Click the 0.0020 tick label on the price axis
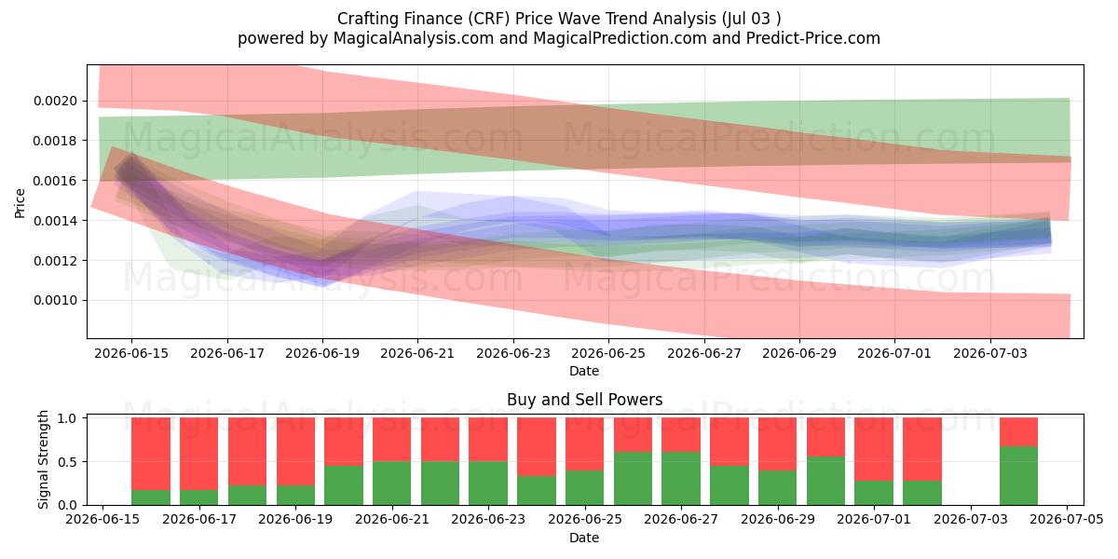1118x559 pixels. (55, 101)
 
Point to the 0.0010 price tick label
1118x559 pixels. (55, 300)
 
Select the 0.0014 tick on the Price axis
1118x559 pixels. (55, 221)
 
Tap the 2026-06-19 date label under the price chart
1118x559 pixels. (322, 353)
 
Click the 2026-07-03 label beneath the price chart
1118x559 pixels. (990, 353)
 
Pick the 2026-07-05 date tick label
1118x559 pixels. (1067, 519)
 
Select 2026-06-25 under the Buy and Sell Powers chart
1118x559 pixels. (585, 519)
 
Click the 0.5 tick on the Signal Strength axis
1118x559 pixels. (67, 462)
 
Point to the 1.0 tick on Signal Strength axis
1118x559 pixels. (67, 418)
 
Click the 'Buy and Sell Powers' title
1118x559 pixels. (584, 400)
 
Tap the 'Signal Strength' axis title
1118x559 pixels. (44, 459)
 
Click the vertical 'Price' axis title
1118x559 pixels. (20, 203)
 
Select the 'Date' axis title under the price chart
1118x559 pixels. (584, 371)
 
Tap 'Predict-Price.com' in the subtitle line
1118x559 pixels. (813, 38)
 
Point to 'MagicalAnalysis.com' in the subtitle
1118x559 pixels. (414, 38)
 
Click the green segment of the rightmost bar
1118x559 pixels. (1018, 476)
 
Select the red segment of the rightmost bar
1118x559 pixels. (1018, 432)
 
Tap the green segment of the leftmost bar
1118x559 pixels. (151, 498)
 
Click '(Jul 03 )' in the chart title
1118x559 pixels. (751, 19)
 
